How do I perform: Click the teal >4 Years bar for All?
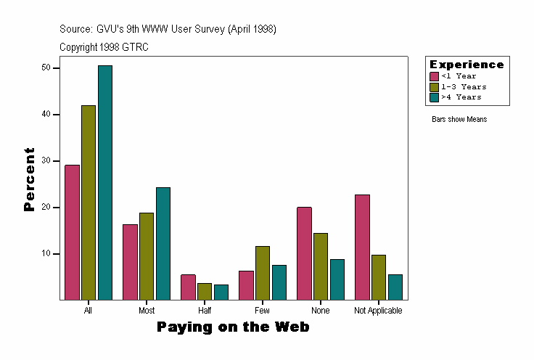(105, 183)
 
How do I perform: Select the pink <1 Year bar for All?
(72, 232)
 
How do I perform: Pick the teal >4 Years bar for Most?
(163, 244)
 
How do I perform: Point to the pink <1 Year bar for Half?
(188, 287)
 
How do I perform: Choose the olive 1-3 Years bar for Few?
(263, 273)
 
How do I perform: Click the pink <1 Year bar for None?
(304, 253)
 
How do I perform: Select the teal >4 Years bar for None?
(337, 279)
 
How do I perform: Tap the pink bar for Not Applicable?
(362, 247)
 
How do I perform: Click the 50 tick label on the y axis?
(46, 67)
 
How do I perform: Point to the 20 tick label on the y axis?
(46, 208)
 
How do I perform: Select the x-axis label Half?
(205, 311)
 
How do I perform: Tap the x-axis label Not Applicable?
(379, 311)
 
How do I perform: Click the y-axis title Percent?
(30, 179)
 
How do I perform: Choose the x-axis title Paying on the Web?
(233, 327)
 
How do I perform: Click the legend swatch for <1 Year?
(435, 76)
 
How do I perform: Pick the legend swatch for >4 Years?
(435, 97)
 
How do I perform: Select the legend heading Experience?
(467, 65)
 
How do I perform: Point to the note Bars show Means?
(459, 120)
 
